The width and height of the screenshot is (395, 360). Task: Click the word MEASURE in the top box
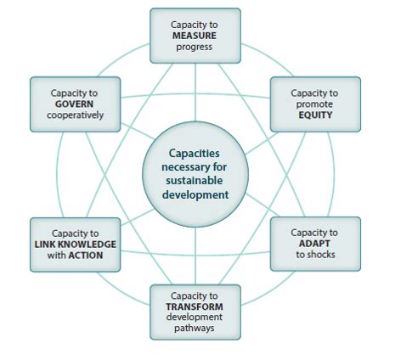click(195, 36)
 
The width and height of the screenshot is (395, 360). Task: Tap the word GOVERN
click(74, 104)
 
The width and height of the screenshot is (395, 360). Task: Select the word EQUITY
click(315, 115)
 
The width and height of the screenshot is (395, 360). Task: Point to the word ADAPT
click(314, 244)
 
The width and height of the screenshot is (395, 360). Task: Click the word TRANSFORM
click(195, 307)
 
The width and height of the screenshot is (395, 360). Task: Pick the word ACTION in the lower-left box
click(86, 256)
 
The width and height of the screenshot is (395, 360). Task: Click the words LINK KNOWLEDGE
click(76, 245)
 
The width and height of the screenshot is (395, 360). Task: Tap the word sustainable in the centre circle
click(195, 181)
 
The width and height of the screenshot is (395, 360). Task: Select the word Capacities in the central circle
click(195, 154)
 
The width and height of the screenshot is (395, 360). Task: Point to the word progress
click(195, 48)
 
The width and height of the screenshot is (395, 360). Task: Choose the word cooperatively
click(76, 115)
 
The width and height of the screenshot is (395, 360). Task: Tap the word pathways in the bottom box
click(195, 329)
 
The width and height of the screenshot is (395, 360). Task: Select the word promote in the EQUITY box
click(314, 104)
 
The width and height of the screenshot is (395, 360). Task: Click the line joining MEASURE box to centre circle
click(195, 93)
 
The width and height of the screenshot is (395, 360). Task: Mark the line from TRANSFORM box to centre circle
click(195, 256)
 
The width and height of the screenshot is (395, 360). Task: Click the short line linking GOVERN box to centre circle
click(138, 131)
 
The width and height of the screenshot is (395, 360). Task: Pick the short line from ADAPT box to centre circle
click(262, 205)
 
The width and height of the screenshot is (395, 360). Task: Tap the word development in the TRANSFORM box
click(195, 318)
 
